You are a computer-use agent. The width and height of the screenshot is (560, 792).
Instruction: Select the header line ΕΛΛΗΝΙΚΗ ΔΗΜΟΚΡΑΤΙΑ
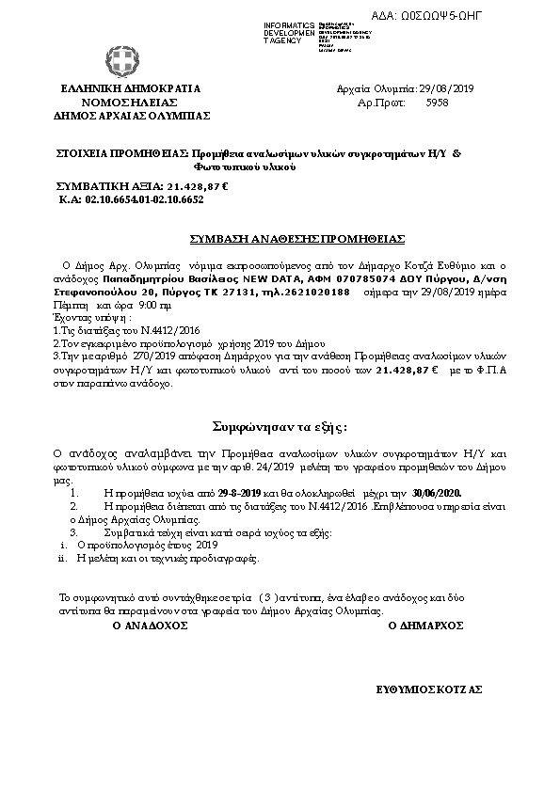pos(131,89)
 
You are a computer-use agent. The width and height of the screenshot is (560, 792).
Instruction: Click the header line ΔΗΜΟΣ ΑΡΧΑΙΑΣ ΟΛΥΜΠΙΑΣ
pos(132,116)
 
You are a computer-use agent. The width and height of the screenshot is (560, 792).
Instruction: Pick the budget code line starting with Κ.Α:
pos(131,200)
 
